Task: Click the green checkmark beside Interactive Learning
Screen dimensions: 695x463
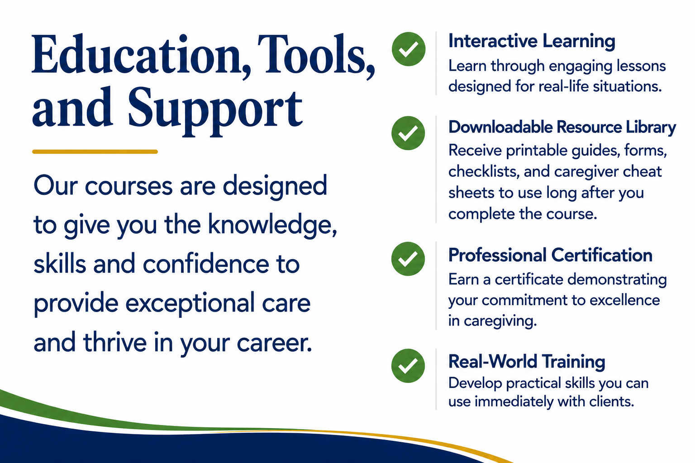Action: [x=408, y=49]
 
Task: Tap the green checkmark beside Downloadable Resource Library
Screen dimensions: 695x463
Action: [x=408, y=133]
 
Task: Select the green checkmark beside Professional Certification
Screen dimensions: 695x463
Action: [x=408, y=259]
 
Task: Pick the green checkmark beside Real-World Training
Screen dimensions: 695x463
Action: [x=408, y=366]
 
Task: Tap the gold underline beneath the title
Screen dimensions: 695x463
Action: [x=95, y=151]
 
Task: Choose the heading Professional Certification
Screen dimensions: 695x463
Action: [x=550, y=255]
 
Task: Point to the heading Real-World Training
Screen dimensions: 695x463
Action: [x=527, y=362]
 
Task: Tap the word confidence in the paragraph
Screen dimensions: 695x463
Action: [x=206, y=264]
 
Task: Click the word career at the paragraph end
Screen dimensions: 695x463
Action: [x=274, y=344]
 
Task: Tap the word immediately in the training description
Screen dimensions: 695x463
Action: [x=514, y=402]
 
